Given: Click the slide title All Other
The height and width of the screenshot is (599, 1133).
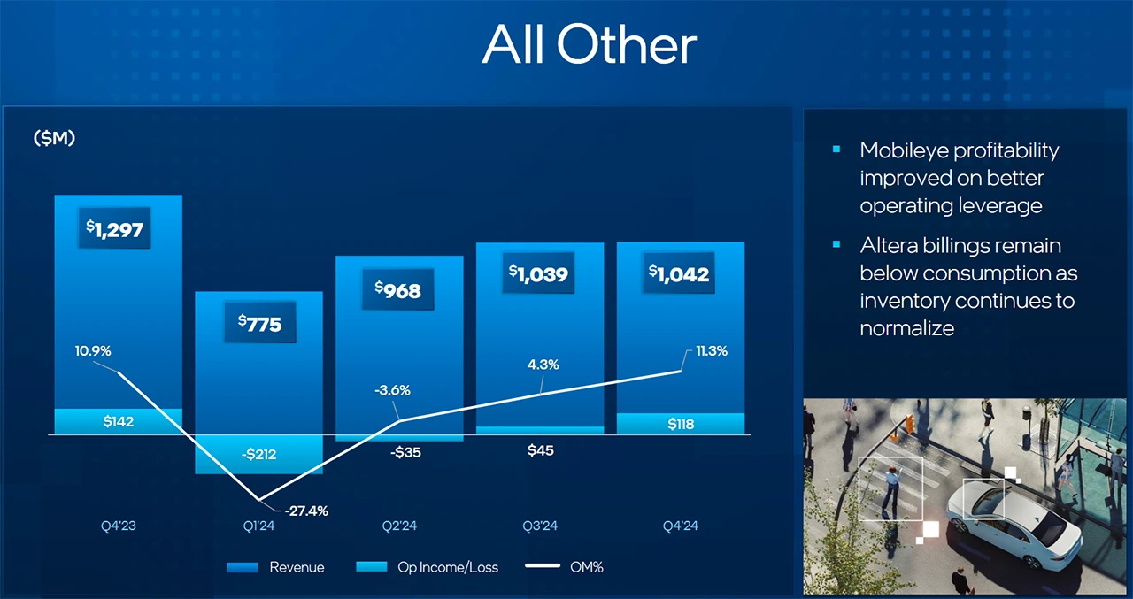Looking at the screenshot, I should [589, 44].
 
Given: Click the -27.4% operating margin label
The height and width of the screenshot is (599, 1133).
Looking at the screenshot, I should [306, 511].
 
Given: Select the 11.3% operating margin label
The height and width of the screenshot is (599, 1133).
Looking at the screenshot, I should [712, 350].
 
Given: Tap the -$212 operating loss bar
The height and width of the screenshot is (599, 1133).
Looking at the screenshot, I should [258, 455].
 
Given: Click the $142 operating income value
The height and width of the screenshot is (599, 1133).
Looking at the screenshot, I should [118, 422].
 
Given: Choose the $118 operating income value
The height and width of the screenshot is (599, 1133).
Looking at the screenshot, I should [681, 425].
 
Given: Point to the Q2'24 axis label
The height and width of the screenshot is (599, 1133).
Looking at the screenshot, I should [399, 526].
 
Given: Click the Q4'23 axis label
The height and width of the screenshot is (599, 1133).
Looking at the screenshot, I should [118, 526].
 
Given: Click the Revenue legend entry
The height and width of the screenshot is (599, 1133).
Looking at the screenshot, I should [276, 567].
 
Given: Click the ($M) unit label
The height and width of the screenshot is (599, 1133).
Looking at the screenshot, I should [54, 138].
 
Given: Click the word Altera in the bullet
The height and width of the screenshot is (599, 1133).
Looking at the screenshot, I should [887, 245].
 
